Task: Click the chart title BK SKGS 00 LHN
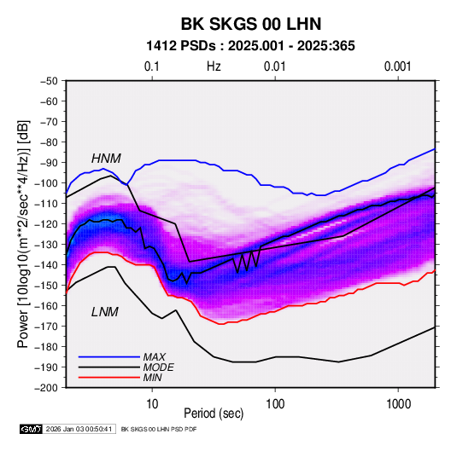coord(251,24)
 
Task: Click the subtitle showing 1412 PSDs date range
coord(250,46)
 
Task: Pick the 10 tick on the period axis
coord(152,403)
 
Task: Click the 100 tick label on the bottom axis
coord(275,403)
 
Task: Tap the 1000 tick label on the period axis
coord(398,403)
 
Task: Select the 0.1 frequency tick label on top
coord(152,66)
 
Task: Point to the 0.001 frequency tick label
coord(397,66)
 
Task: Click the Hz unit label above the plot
coord(214,66)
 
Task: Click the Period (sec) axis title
coord(214,413)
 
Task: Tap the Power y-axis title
coord(23,234)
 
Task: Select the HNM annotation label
coord(106,159)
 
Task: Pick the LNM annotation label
coord(105,312)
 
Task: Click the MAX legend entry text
coord(154,356)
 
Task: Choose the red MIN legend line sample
coord(109,378)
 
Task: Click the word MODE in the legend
coord(158,367)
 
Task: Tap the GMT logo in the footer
coord(32,429)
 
